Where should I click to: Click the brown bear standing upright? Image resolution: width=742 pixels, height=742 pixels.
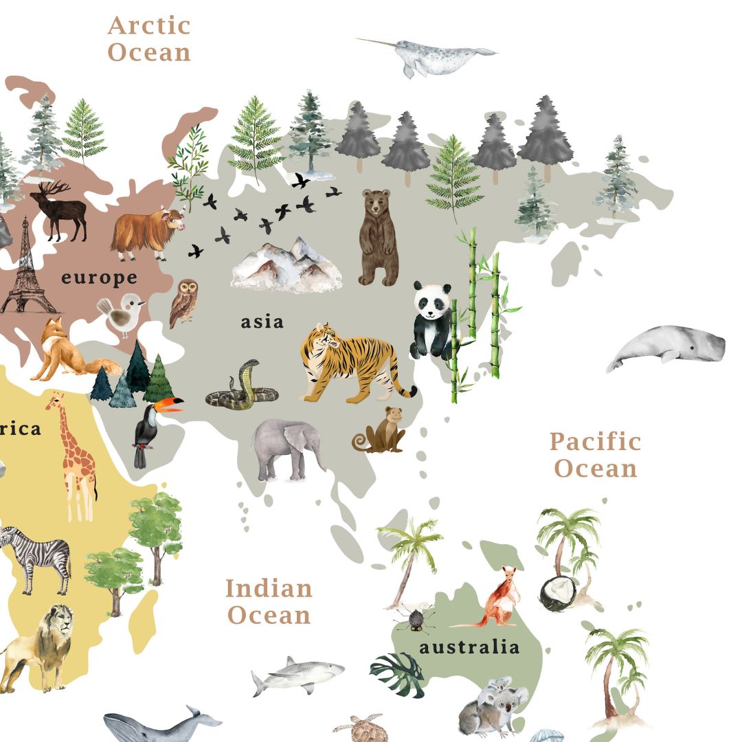(x=377, y=237)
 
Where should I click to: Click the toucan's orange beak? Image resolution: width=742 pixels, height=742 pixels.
(x=170, y=405)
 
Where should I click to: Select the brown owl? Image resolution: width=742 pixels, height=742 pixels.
(x=183, y=302)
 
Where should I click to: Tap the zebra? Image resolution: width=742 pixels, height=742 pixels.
(x=38, y=556)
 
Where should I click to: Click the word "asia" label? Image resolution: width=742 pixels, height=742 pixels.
(x=262, y=322)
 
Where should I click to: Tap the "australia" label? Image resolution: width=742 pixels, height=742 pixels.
(x=469, y=647)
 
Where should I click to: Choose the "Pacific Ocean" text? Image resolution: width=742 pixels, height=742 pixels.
(x=596, y=455)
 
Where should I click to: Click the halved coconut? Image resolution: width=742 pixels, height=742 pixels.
(x=556, y=592)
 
